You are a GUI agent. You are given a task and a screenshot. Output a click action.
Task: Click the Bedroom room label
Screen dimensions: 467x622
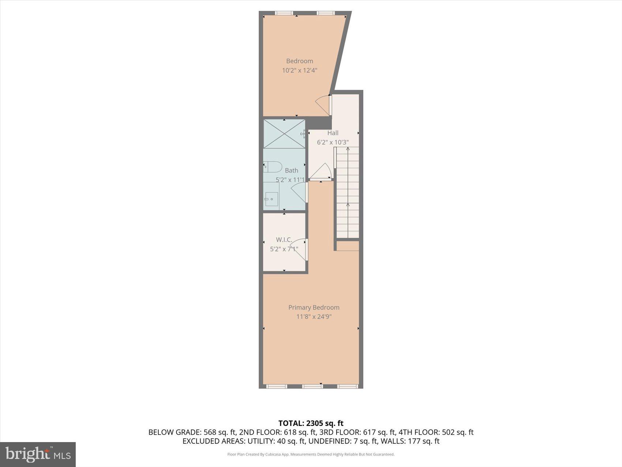299,61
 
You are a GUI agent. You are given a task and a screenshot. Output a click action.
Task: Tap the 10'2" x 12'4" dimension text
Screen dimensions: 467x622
299,70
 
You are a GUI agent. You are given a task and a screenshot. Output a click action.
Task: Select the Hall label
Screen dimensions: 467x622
333,133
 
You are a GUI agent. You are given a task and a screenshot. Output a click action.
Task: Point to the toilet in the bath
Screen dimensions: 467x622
272,167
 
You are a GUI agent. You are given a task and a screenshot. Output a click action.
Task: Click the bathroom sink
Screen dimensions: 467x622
271,199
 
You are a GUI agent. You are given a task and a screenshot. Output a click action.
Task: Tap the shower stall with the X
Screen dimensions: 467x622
284,134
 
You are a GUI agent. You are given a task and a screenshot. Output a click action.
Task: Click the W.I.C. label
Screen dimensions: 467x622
284,240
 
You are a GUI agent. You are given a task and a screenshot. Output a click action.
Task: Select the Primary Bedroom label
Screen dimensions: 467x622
314,308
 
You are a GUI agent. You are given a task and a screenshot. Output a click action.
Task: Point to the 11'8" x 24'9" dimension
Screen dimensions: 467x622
314,317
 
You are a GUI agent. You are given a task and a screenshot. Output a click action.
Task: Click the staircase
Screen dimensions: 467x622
348,192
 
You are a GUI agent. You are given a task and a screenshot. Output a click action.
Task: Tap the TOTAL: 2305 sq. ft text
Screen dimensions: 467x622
311,423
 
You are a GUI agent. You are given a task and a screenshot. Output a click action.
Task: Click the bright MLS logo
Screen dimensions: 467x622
38,454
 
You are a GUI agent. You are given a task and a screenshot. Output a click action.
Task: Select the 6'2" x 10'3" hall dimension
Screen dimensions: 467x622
333,142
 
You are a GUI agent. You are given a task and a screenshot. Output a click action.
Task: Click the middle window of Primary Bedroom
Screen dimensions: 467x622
312,386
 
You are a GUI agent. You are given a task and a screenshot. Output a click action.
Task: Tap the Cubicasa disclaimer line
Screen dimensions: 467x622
311,455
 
